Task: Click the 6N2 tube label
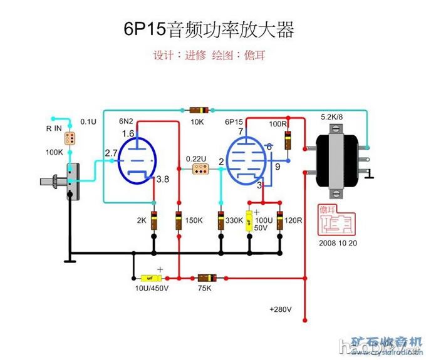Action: click(x=127, y=121)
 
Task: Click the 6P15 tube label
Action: click(x=233, y=121)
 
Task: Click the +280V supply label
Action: click(x=281, y=309)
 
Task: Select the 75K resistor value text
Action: click(x=204, y=289)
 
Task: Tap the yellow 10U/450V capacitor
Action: click(x=150, y=277)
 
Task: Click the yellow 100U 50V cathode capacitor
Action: click(x=249, y=220)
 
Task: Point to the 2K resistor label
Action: click(x=142, y=220)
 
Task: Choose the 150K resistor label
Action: click(x=194, y=220)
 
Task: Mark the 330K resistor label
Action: click(x=234, y=220)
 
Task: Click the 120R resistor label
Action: click(x=293, y=220)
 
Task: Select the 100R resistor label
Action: click(x=278, y=123)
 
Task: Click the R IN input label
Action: click(x=54, y=128)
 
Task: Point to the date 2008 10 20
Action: click(x=338, y=243)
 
